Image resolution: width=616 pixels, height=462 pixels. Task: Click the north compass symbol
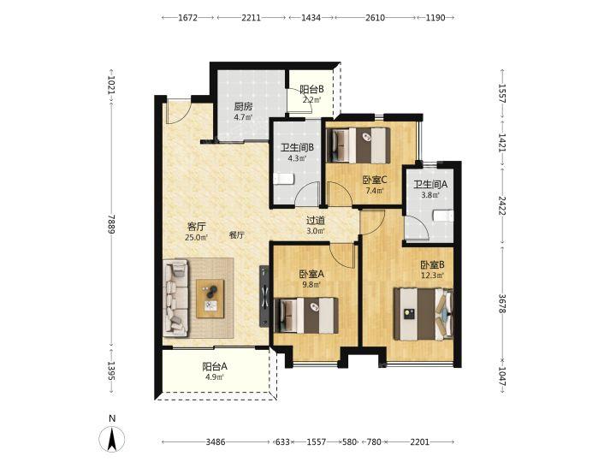(x=112, y=437)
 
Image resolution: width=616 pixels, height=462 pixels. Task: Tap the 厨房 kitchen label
(x=243, y=106)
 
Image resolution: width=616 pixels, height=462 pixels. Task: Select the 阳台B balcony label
(x=312, y=90)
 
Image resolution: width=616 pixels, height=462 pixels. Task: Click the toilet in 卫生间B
(x=284, y=179)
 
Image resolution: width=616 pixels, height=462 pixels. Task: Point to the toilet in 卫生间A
(x=443, y=216)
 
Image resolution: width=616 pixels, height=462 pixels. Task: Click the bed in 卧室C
(x=359, y=145)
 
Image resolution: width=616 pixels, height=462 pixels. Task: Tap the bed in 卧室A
(x=308, y=316)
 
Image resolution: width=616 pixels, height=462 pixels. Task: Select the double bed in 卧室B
(x=423, y=314)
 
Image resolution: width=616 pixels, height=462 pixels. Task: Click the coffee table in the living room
(x=210, y=299)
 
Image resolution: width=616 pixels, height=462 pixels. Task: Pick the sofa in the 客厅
(x=175, y=299)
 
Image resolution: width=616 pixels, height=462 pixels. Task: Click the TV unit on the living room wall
(x=264, y=296)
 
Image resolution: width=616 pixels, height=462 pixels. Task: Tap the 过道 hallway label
(x=316, y=221)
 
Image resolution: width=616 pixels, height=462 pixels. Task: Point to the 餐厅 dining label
(x=237, y=235)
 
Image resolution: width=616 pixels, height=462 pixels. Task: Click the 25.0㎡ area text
(x=196, y=237)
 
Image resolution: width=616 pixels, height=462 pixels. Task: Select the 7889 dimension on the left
(x=111, y=224)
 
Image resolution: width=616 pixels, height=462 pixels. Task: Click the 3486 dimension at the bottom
(x=216, y=442)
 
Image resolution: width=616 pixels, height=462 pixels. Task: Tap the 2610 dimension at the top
(x=376, y=18)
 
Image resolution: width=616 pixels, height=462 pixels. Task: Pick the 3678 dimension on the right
(x=502, y=304)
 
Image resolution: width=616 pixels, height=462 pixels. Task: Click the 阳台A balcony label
(x=215, y=367)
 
